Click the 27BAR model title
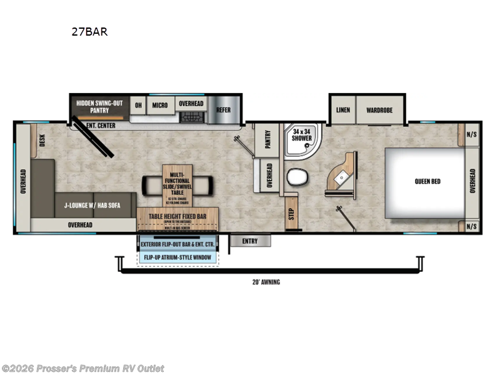tap(89, 32)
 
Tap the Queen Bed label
tap(427, 182)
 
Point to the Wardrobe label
tap(379, 110)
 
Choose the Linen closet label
tap(342, 110)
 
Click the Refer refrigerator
tap(223, 110)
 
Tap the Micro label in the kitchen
tap(160, 105)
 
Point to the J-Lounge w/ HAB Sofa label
tap(92, 204)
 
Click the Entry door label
tap(249, 241)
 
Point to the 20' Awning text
tap(267, 282)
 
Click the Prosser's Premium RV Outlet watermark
tap(82, 368)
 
